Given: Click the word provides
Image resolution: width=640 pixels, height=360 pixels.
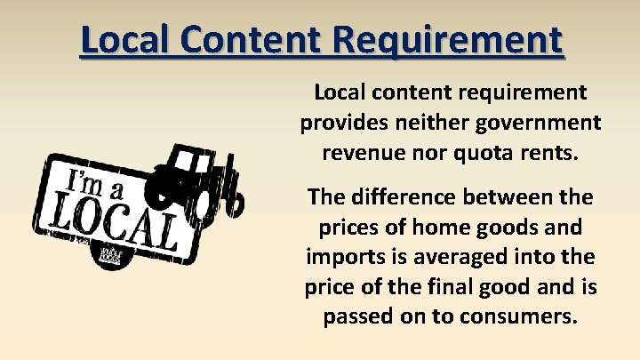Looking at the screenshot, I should click(x=342, y=122).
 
